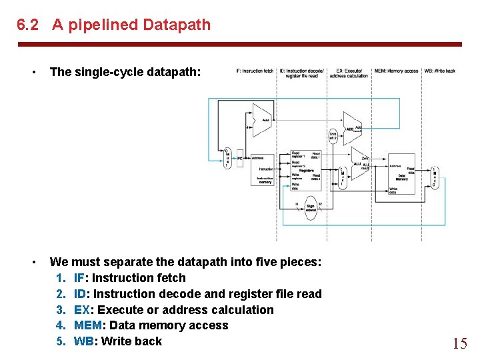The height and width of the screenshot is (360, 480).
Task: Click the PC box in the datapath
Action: coord(241,158)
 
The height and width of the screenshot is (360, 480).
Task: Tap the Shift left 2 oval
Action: coord(333,136)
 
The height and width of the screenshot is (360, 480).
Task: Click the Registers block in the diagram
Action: coord(306,171)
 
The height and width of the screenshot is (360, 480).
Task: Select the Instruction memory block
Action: coord(265,171)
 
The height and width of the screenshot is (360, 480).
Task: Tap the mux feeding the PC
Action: coord(227,158)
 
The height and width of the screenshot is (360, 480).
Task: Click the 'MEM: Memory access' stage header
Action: coord(396,71)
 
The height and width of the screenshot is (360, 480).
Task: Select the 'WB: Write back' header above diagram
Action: coord(440,71)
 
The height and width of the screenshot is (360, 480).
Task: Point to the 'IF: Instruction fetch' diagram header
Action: coord(255,71)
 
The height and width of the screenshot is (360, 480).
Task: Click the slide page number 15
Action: coord(459,344)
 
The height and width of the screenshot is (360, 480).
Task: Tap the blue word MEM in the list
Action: coord(89,325)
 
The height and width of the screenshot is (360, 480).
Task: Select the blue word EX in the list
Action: coord(81,309)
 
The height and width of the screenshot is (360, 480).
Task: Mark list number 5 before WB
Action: coord(61,341)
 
